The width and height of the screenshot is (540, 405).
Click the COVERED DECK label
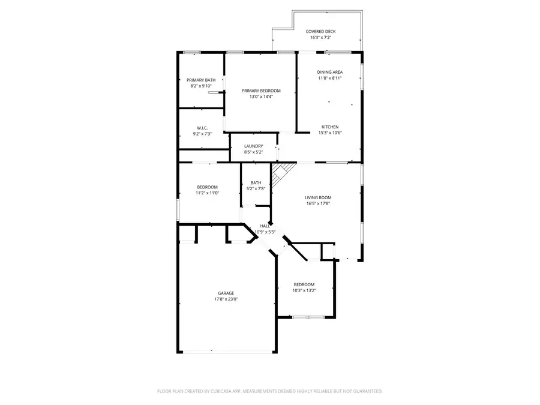tap(320, 32)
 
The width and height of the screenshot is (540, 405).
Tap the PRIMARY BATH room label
tap(201, 80)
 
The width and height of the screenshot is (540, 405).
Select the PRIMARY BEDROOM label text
tap(261, 91)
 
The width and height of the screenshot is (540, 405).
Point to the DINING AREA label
tap(329, 72)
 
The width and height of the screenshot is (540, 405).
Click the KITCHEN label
tap(330, 127)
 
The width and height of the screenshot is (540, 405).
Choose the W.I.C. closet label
tap(202, 128)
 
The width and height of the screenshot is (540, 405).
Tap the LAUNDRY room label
tap(253, 146)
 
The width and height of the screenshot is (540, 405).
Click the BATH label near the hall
tap(256, 183)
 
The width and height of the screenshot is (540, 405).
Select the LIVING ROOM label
tap(318, 197)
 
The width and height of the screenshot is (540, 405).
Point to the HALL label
tap(264, 226)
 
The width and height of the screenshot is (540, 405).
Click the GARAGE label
tap(226, 293)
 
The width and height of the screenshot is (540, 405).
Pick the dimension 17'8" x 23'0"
tap(226, 299)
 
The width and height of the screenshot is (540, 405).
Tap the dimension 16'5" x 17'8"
tap(318, 203)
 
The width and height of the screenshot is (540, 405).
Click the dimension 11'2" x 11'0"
tap(207, 193)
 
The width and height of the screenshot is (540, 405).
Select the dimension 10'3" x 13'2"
tap(304, 290)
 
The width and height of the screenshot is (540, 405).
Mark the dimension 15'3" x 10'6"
tap(330, 133)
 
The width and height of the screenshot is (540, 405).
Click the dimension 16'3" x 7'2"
tap(320, 38)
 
